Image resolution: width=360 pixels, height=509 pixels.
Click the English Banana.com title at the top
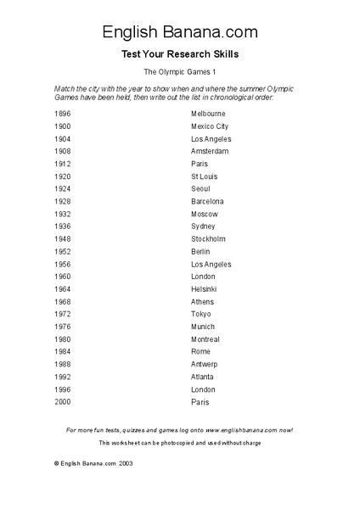tap(180, 32)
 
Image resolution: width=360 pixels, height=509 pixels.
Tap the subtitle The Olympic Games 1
tap(180, 74)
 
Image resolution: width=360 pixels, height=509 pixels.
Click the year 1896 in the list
tap(63, 113)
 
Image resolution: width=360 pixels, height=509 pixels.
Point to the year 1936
tap(63, 227)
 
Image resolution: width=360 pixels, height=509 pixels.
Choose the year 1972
tap(63, 314)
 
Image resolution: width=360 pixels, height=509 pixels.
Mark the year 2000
tap(63, 402)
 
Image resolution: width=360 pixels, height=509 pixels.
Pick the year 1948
tap(63, 239)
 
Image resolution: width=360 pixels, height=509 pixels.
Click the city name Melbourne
tap(208, 113)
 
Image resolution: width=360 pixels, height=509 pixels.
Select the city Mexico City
tap(210, 126)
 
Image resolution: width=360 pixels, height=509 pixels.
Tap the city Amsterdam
tap(210, 151)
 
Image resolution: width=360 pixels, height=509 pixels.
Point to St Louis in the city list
tap(205, 176)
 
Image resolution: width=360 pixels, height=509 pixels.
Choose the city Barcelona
tap(208, 201)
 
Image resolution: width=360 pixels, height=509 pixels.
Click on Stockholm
tap(208, 239)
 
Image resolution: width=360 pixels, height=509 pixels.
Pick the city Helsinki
tap(204, 289)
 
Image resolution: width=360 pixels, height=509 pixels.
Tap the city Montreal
tap(205, 339)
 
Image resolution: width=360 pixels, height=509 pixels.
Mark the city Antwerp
tap(205, 365)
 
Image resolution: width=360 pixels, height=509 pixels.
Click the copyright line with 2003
tap(93, 464)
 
